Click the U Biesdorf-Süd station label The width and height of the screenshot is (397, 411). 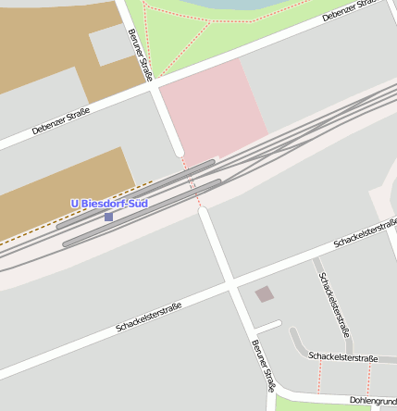tap(110, 204)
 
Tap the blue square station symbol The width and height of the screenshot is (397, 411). tap(108, 217)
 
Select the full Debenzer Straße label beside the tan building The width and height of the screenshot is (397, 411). tap(60, 122)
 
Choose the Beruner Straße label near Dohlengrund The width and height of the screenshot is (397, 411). tap(264, 367)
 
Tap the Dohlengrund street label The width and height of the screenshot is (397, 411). tap(373, 400)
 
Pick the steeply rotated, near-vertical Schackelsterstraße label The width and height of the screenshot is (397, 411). tap(334, 304)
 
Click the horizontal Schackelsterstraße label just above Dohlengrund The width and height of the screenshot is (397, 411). tap(343, 357)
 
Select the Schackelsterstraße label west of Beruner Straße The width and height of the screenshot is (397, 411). tap(149, 317)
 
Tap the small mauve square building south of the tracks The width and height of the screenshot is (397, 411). tap(265, 294)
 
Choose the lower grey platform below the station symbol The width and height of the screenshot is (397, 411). tap(139, 214)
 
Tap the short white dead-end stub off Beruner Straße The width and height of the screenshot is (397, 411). tap(268, 327)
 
